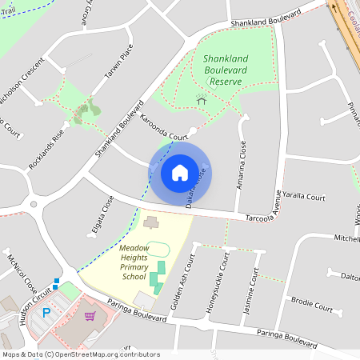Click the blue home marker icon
coord(180,172)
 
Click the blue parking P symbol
coord(46,311)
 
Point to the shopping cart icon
coord(90,315)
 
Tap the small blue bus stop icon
coord(56,282)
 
